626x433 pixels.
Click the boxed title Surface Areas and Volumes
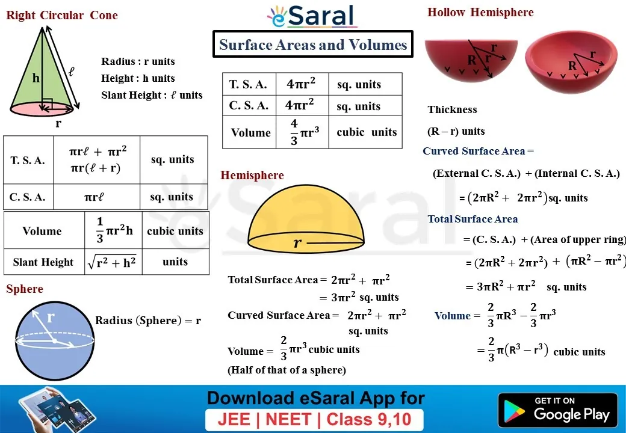click(x=313, y=45)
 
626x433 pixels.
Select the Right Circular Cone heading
click(x=62, y=15)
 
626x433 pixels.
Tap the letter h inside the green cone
click(x=36, y=78)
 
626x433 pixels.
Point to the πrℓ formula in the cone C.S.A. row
click(x=95, y=197)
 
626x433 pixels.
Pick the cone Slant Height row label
click(x=43, y=262)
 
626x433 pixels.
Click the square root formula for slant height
click(x=112, y=262)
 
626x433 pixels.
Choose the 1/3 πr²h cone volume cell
click(x=114, y=230)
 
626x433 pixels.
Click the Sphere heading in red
click(x=24, y=289)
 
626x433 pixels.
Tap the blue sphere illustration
click(x=55, y=341)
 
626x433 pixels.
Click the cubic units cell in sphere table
click(x=367, y=132)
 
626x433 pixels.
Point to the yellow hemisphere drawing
click(x=306, y=218)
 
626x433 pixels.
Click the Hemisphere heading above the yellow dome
click(x=252, y=175)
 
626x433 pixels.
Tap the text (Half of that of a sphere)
click(x=287, y=370)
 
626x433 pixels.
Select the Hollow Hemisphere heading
click(x=480, y=13)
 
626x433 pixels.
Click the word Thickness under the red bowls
click(x=452, y=109)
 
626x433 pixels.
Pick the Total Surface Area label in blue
click(x=473, y=219)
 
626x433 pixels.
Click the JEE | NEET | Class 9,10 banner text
click(x=314, y=419)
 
